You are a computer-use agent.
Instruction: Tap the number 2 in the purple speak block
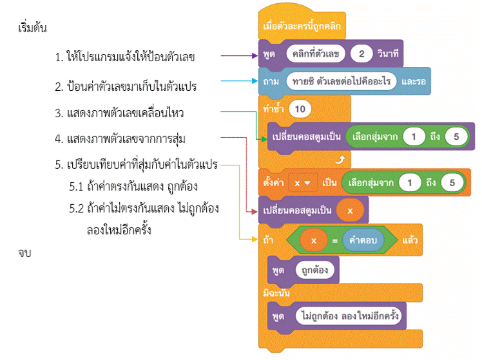(x=361, y=54)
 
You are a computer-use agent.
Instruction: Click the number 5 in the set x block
(x=452, y=182)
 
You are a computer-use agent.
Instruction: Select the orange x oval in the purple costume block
(x=349, y=211)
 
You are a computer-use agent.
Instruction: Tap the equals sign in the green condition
(x=334, y=240)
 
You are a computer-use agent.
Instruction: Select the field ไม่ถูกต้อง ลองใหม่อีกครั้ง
(x=351, y=316)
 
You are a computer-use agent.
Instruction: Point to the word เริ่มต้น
(x=34, y=29)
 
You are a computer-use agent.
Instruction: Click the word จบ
(x=26, y=253)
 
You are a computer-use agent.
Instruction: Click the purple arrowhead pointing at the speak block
(x=254, y=56)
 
